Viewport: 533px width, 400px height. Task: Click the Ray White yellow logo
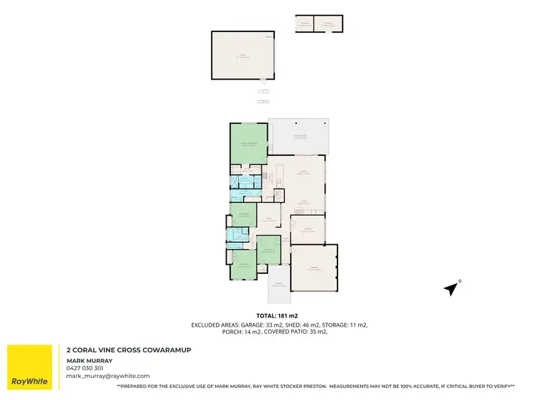(29, 367)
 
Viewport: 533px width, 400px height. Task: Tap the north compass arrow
(451, 288)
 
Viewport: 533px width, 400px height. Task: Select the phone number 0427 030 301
(85, 368)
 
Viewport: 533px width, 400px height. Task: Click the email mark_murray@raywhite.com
(107, 375)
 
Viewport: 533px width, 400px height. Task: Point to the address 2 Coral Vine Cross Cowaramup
(129, 350)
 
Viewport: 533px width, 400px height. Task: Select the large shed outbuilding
(242, 55)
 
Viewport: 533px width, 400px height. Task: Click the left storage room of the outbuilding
(304, 24)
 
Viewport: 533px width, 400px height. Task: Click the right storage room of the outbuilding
(328, 24)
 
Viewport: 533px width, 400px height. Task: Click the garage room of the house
(314, 268)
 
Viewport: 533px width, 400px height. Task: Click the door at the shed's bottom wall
(264, 81)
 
